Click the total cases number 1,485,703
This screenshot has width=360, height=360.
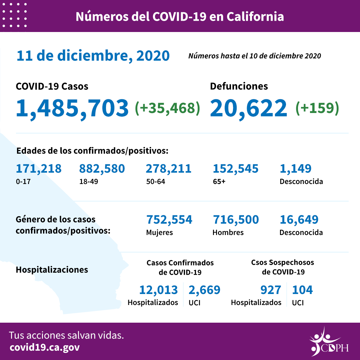pos(72,108)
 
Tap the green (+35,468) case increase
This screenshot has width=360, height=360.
pos(167,108)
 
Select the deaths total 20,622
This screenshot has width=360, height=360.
pos(248,108)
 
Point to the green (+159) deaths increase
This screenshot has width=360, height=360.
pos(317,108)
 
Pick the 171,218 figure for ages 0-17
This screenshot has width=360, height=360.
pos(39,169)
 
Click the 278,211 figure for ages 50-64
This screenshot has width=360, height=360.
pos(168,169)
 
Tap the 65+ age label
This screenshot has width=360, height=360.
pos(219,182)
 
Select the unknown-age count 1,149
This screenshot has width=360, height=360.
pos(295,169)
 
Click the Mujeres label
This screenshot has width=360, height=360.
pos(159,232)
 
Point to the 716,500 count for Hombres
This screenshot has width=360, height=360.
pos(235,220)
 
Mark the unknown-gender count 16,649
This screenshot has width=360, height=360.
pos(299,220)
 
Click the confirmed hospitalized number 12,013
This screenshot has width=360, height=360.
pos(158,290)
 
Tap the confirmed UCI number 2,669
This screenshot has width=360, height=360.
pos(204,290)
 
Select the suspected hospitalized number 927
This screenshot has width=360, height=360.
pos(271,290)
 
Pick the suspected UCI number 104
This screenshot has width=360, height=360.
pos(302,290)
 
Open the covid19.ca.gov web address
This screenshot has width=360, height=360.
pos(45,347)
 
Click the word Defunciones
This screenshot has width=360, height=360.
pos(239,86)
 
